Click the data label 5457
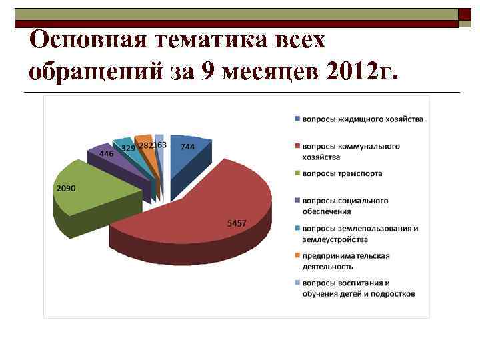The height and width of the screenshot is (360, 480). coord(237,223)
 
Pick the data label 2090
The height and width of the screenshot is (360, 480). coord(65,189)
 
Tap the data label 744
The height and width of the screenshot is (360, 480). coord(187,147)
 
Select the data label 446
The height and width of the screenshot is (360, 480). coord(106,153)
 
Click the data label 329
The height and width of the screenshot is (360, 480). coord(128,148)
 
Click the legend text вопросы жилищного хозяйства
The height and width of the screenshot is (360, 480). coord(363,119)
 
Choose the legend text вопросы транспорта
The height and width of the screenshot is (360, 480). coord(342,173)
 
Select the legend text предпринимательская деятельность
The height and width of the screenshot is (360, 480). coord(345,261)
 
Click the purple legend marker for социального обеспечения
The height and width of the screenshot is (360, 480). coord(297,201)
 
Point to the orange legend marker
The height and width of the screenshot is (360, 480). coord(297,255)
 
